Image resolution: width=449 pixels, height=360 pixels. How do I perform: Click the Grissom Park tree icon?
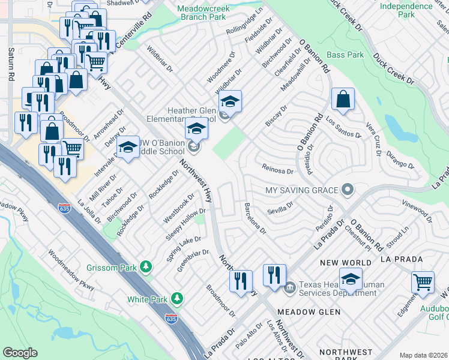pyautogui.click(x=145, y=265)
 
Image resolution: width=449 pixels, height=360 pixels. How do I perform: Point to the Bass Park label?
pyautogui.click(x=345, y=55)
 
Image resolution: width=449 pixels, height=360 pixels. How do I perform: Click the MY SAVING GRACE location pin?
pyautogui.click(x=347, y=190)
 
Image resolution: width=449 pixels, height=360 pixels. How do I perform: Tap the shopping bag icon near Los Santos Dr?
pyautogui.click(x=342, y=100)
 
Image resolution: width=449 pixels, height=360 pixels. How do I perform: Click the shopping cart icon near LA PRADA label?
pyautogui.click(x=423, y=282)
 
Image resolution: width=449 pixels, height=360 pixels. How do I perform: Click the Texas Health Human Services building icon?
pyautogui.click(x=290, y=287)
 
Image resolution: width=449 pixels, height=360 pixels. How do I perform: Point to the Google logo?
pyautogui.click(x=20, y=353)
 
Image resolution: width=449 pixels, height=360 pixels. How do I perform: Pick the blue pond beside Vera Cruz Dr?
pyautogui.click(x=394, y=128)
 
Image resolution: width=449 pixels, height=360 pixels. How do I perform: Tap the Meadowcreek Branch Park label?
pyautogui.click(x=208, y=12)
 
